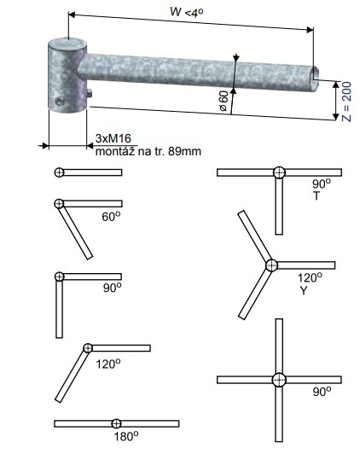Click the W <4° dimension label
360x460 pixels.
point(187,12)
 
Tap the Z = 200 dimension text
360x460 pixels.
point(346,102)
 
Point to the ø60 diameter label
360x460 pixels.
point(224,101)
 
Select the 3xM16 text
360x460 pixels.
point(113,138)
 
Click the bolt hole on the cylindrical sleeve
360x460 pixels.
point(60,102)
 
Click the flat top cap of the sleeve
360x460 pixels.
point(67,44)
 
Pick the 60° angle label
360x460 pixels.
point(112,216)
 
